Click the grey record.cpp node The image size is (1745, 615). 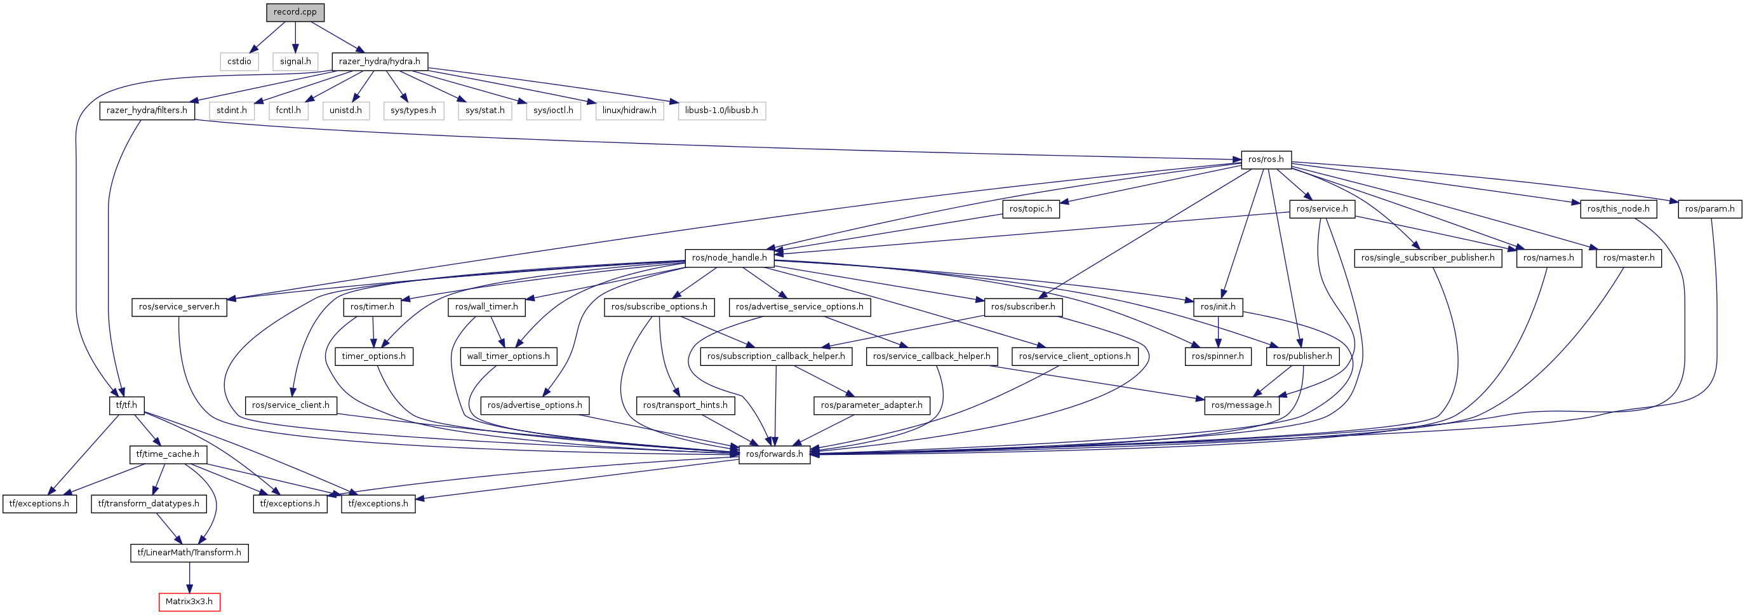295,12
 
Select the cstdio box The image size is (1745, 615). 239,62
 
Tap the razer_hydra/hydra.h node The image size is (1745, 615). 379,62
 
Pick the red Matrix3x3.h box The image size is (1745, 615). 189,602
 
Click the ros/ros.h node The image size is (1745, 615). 1266,159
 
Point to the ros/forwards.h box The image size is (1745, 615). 773,454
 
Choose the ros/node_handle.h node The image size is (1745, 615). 729,258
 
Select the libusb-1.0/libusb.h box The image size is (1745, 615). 721,111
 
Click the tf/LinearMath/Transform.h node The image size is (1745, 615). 189,553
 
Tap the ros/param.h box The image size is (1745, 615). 1709,209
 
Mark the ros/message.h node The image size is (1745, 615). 1241,405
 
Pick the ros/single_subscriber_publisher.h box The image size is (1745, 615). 1427,258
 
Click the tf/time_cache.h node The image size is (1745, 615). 167,454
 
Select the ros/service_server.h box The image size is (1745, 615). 179,307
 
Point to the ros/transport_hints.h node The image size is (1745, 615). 685,405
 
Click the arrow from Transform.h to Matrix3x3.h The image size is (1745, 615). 189,577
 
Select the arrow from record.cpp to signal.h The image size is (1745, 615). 295,37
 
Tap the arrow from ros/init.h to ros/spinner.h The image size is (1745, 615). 1218,332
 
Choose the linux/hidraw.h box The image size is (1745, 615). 629,111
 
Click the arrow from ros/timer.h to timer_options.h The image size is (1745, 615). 373,332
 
